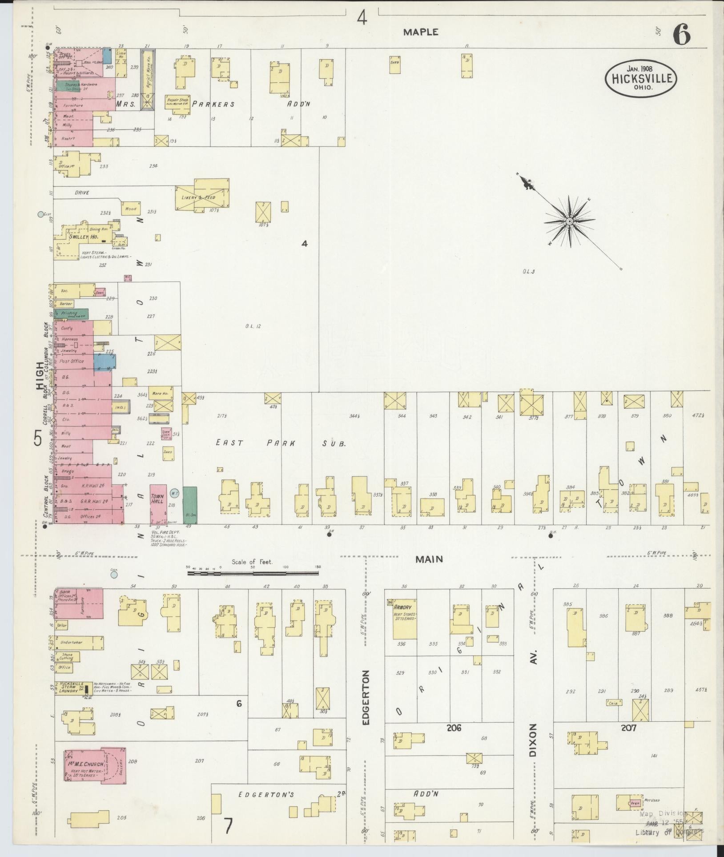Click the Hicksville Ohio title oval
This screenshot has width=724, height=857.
click(x=641, y=79)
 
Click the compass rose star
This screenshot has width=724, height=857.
click(x=569, y=221)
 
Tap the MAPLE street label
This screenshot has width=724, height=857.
click(x=421, y=32)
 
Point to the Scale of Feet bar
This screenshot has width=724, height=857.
click(x=253, y=574)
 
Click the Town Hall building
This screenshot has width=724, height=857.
click(x=158, y=503)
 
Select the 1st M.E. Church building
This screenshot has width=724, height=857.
click(x=95, y=765)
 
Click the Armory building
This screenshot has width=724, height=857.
click(x=404, y=621)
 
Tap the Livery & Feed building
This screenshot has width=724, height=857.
click(x=203, y=196)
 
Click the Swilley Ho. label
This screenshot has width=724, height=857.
click(x=83, y=237)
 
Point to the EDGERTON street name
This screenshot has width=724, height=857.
click(x=366, y=701)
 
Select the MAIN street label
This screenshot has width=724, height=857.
click(x=429, y=559)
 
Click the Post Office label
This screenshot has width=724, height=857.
click(x=72, y=361)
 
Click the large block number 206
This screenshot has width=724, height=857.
click(x=454, y=728)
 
